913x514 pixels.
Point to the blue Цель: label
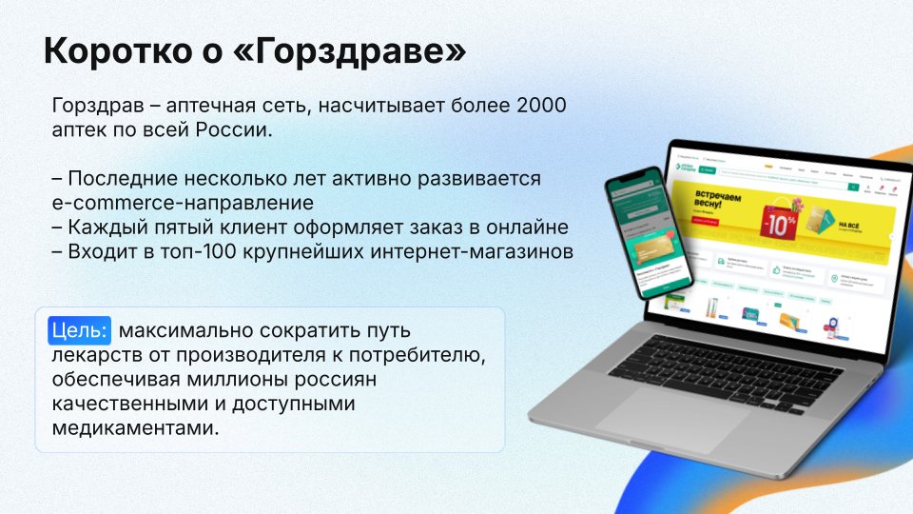point(80,331)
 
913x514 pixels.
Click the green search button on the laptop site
point(707,169)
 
